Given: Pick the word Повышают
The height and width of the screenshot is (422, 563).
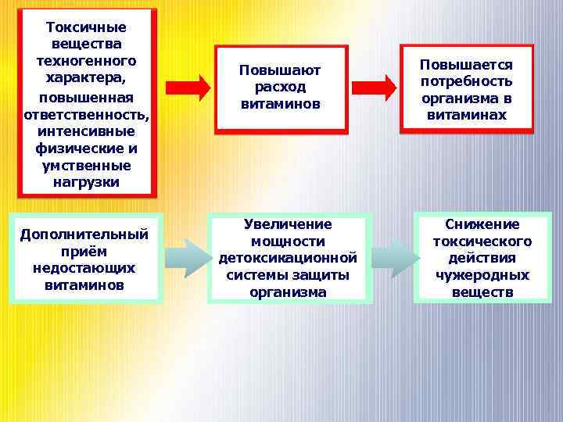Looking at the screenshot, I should point(281,71).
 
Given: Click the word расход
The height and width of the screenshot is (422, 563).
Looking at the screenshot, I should point(281,88).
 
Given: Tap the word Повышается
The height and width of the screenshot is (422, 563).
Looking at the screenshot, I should point(466,65).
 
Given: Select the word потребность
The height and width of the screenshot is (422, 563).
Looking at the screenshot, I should point(466,81).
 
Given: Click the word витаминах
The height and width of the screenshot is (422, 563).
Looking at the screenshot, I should point(466,114).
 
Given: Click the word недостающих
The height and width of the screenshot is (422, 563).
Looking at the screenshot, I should point(84,268).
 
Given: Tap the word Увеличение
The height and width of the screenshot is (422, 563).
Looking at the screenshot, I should point(288,224).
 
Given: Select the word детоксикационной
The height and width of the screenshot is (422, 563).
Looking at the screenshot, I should point(288,258).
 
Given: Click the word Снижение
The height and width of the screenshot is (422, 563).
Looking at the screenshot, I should point(482,224).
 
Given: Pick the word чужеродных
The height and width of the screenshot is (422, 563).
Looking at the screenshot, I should point(482,275).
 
